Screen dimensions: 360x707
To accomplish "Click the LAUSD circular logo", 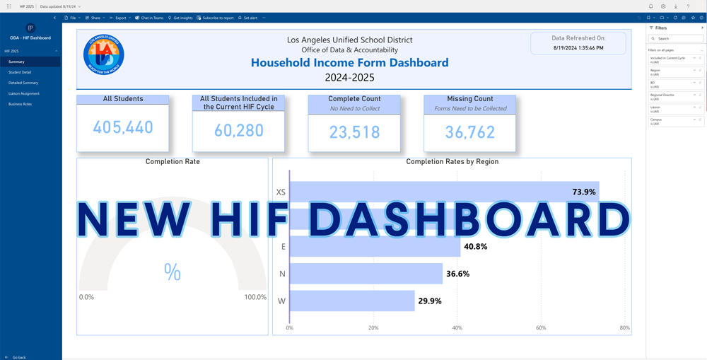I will tap(104, 59).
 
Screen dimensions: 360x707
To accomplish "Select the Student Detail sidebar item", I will tap(20, 72).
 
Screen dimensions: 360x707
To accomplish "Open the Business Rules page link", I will tap(20, 104).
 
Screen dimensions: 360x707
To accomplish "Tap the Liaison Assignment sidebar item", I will tap(24, 93).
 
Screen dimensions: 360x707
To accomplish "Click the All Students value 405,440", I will tap(123, 128).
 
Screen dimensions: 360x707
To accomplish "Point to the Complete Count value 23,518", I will tap(354, 131).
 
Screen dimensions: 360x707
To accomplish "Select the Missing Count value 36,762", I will tap(470, 131).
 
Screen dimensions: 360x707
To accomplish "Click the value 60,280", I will tap(238, 131).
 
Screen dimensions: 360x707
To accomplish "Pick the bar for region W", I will tap(352, 301).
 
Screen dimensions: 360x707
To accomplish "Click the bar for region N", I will tap(366, 274).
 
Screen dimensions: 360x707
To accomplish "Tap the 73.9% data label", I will tap(584, 192).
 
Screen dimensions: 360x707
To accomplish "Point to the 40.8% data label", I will tap(475, 247).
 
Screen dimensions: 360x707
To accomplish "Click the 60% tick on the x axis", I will tap(541, 327).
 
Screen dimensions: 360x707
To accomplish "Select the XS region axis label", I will tap(281, 192).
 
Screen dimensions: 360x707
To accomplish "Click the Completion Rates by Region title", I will tap(452, 162).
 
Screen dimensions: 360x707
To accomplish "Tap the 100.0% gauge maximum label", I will tap(255, 297).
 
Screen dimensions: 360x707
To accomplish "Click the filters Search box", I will tap(677, 39).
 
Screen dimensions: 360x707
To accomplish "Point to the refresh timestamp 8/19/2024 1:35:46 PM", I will tap(578, 48).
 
